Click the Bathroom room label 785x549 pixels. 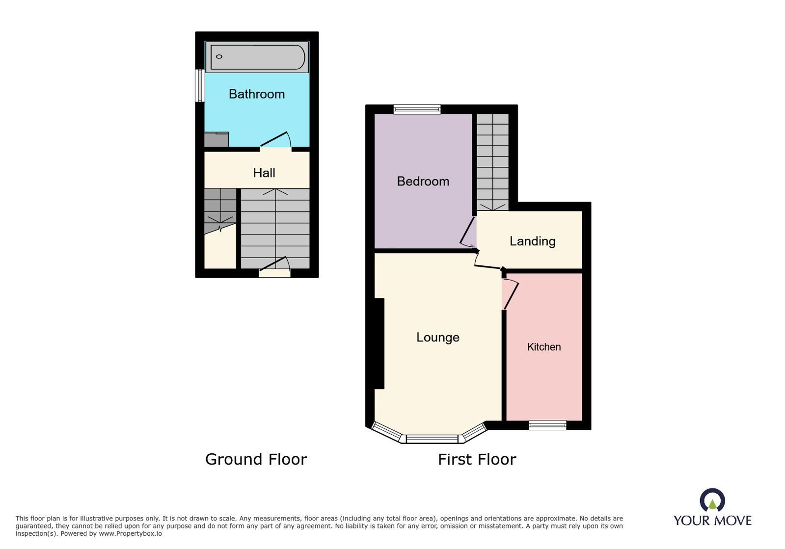(x=257, y=94)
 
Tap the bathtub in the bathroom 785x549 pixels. (x=257, y=57)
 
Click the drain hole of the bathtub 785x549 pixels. (x=219, y=57)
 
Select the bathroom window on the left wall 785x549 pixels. (x=200, y=85)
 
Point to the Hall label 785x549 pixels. (x=264, y=173)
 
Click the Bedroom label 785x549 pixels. (x=423, y=181)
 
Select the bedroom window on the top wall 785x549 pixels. (x=417, y=109)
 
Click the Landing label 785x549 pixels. (x=532, y=241)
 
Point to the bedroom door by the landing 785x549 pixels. (x=468, y=232)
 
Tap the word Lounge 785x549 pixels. (x=438, y=337)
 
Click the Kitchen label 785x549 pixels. (x=544, y=347)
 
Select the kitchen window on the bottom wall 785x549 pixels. (x=548, y=425)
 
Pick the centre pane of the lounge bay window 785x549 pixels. (x=432, y=439)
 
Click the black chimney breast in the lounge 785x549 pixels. (x=379, y=343)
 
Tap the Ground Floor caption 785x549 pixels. (x=256, y=459)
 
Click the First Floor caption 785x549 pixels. (x=477, y=459)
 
